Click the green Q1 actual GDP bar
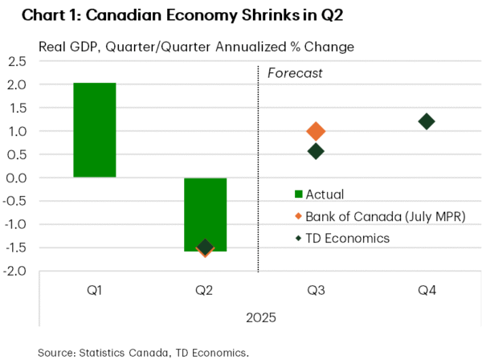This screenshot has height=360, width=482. (x=94, y=129)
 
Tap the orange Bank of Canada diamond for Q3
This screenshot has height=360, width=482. (x=316, y=131)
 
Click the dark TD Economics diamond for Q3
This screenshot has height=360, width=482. (x=316, y=151)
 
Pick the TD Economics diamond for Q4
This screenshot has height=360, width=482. (x=427, y=121)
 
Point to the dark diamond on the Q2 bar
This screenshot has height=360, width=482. (x=205, y=247)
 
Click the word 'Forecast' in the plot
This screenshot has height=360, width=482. (x=295, y=73)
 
